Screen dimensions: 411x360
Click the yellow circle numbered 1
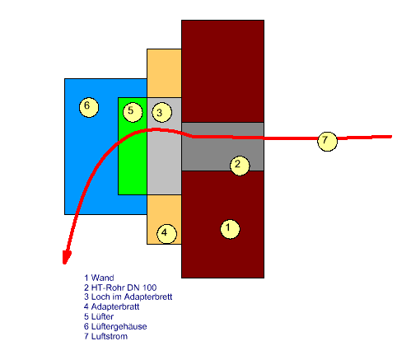[230, 229]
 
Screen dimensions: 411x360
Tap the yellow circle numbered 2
[240, 166]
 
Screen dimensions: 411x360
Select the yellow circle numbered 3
[162, 112]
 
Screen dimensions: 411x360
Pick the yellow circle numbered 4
[166, 234]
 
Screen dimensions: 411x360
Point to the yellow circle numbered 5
[133, 112]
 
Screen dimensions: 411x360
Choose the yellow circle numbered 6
[89, 107]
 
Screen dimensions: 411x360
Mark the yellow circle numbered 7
[327, 141]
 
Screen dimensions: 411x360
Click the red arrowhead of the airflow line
[66, 258]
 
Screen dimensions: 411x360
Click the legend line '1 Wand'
[99, 278]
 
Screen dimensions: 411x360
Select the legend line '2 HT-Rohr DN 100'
[120, 288]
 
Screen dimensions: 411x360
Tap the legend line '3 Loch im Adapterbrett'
[128, 297]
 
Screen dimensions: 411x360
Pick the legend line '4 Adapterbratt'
[111, 306]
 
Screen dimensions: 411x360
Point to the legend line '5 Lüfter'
[99, 316]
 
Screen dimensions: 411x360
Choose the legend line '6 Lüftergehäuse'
[115, 326]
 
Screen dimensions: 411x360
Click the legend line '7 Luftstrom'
[105, 336]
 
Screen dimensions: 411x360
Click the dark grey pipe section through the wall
[222, 147]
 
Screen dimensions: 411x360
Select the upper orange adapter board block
[164, 73]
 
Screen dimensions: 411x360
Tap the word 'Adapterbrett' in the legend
[148, 297]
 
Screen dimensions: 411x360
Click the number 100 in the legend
[150, 288]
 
